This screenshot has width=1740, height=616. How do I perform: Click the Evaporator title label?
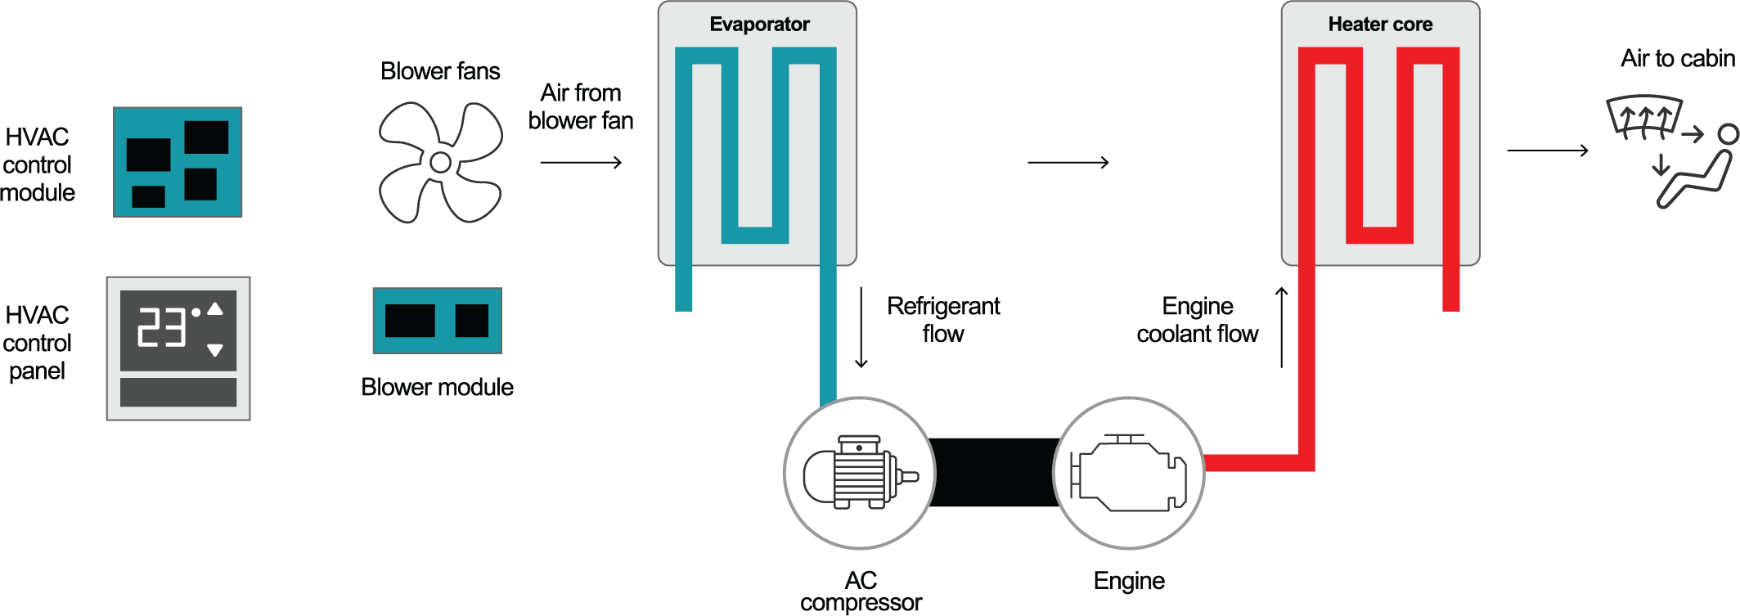[x=759, y=25]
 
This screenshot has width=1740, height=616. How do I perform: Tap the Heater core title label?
[x=1380, y=25]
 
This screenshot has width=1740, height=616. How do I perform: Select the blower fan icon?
[x=440, y=162]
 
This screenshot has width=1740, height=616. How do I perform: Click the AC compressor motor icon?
[x=860, y=473]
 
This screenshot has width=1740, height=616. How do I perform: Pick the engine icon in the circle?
[x=1129, y=473]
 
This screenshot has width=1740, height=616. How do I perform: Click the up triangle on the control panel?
[x=215, y=309]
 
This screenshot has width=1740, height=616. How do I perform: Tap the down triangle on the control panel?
[x=215, y=350]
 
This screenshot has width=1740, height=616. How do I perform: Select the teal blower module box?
[x=437, y=321]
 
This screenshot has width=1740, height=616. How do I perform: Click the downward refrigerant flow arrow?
[x=861, y=327]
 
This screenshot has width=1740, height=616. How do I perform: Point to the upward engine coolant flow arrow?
[x=1282, y=327]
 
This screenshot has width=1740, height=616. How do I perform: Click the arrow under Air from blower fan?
[x=581, y=163]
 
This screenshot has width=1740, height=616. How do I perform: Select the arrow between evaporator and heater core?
[x=1068, y=163]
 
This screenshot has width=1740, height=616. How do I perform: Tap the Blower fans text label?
[x=440, y=71]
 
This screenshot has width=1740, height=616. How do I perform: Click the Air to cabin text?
[x=1677, y=59]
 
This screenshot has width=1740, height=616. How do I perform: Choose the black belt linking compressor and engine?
[x=994, y=473]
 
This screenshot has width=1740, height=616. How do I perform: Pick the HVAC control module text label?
[x=38, y=164]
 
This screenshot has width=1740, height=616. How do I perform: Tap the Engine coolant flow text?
[x=1198, y=320]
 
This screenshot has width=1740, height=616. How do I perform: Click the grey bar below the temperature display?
[x=178, y=392]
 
